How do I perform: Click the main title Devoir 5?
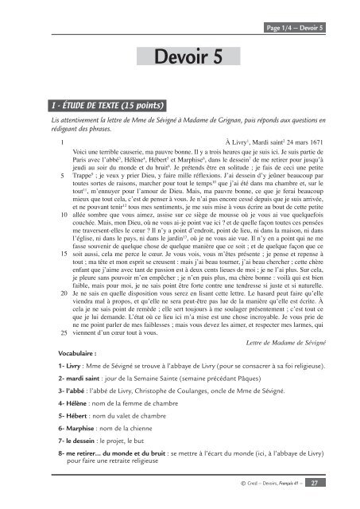point(179,56)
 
